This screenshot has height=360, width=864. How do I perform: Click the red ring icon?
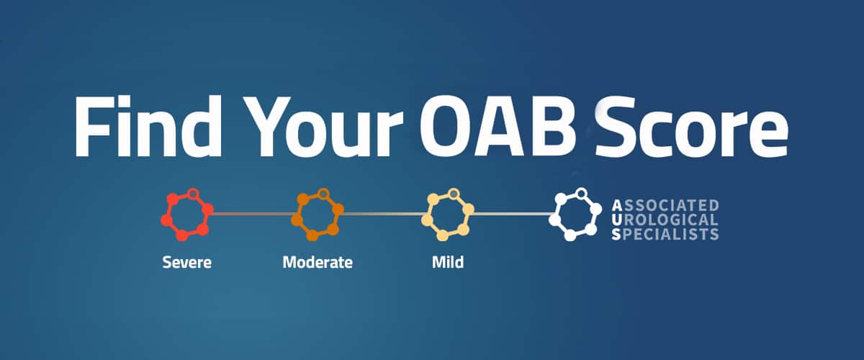pyautogui.click(x=187, y=214)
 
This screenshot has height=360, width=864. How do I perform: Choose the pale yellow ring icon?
pyautogui.click(x=447, y=214)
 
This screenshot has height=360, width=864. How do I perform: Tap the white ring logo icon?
pyautogui.click(x=575, y=214)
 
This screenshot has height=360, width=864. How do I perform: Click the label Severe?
pyautogui.click(x=186, y=262)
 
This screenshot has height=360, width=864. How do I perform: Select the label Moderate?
pyautogui.click(x=318, y=262)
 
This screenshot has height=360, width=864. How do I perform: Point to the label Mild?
pyautogui.click(x=447, y=262)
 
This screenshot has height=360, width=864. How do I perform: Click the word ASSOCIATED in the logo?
pyautogui.click(x=665, y=205)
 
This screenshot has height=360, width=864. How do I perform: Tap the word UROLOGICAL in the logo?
pyautogui.click(x=665, y=220)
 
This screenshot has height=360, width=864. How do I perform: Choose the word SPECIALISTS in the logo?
pyautogui.click(x=665, y=234)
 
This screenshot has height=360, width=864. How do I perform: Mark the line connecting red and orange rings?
pyautogui.click(x=251, y=214)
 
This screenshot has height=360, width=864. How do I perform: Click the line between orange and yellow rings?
pyautogui.click(x=381, y=214)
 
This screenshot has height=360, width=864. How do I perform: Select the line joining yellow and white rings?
pyautogui.click(x=511, y=214)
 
